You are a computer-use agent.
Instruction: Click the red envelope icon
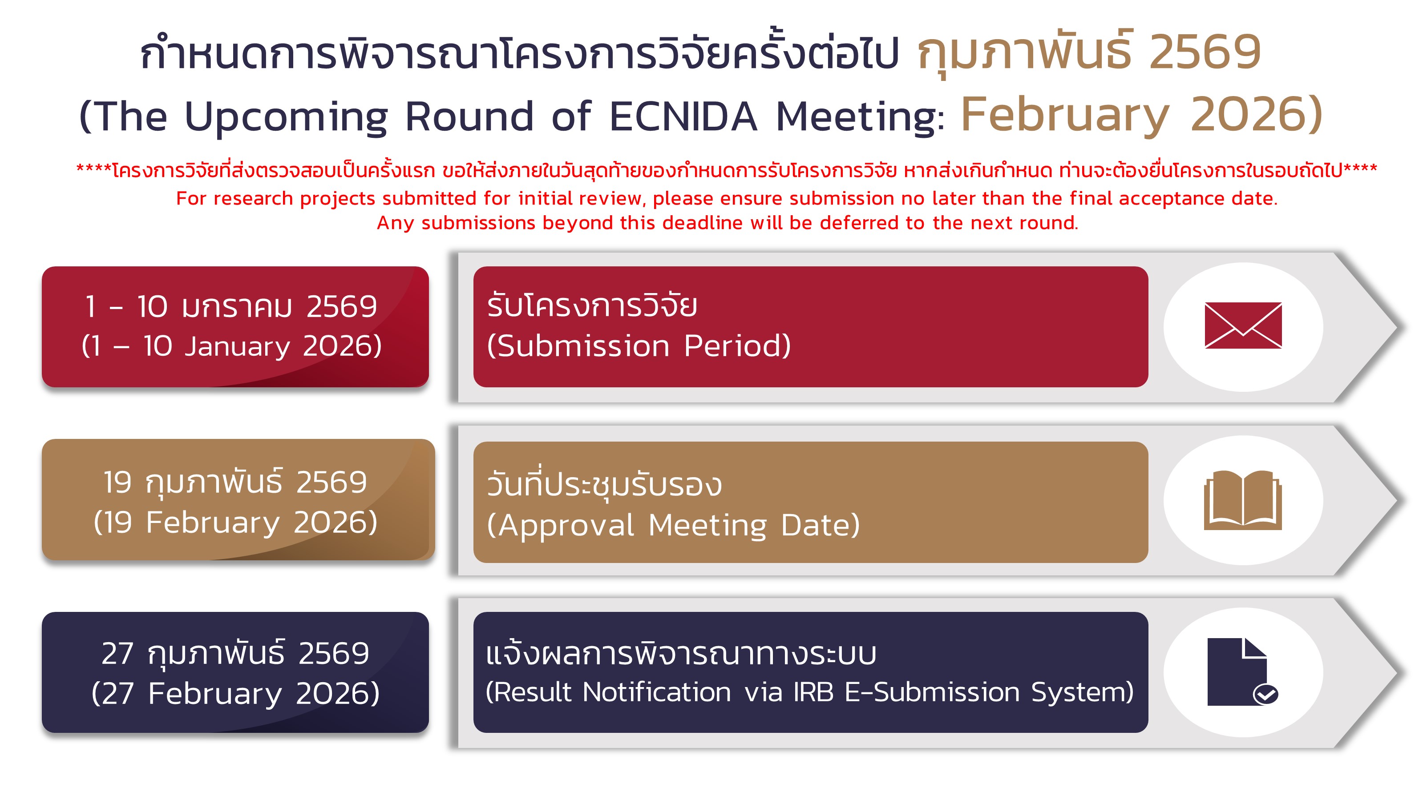(x=1243, y=325)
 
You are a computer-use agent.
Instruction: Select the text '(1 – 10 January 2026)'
(x=232, y=346)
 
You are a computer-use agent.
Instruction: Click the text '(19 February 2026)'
(x=236, y=523)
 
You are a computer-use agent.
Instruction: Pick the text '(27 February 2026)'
(x=236, y=693)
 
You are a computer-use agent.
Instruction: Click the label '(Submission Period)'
(x=639, y=346)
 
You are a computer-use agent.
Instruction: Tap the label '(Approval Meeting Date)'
(x=673, y=525)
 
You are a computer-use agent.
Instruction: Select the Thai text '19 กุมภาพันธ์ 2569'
(x=235, y=483)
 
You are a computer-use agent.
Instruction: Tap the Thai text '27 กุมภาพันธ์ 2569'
(x=235, y=654)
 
